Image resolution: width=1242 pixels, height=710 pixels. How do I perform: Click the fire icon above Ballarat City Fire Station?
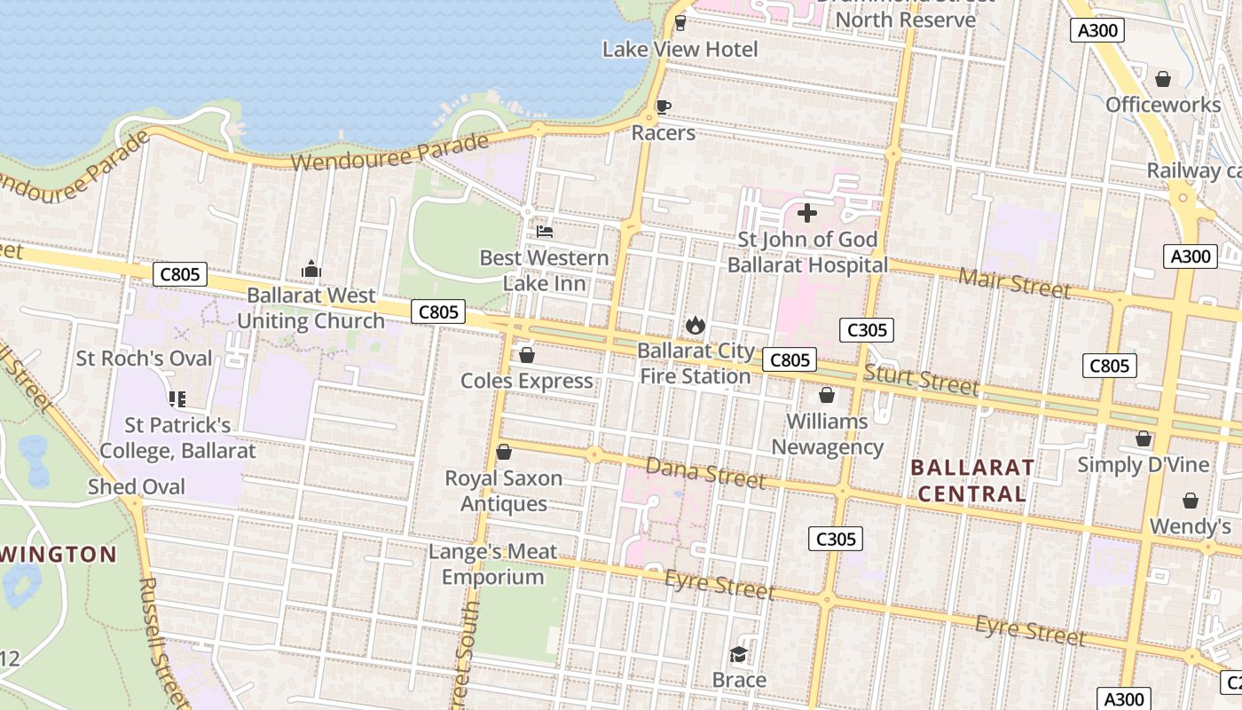[695, 326]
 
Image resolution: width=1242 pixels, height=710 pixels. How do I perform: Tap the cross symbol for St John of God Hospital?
[807, 213]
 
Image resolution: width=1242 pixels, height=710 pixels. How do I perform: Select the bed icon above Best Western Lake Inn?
[545, 232]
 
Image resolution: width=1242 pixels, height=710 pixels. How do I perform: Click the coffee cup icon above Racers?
[663, 107]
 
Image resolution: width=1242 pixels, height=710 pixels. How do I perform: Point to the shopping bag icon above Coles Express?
[527, 356]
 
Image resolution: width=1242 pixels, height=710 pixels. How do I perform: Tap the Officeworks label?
[1163, 105]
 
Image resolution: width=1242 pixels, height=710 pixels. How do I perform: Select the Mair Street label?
[1014, 283]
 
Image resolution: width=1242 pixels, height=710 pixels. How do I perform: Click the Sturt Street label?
[921, 380]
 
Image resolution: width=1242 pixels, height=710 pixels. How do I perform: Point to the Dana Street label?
[705, 473]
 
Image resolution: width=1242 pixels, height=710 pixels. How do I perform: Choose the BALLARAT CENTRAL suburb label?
[972, 480]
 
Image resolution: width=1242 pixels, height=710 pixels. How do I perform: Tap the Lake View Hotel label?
[680, 50]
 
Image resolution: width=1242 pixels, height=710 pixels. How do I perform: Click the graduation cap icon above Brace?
[738, 655]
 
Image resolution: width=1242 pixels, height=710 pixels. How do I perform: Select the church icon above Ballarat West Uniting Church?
[310, 269]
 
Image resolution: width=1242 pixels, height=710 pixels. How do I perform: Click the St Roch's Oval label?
[145, 359]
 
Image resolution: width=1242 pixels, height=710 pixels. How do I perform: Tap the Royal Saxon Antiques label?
[503, 491]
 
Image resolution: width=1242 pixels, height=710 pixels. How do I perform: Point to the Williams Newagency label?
[827, 434]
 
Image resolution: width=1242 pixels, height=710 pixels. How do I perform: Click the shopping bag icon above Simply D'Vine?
[1144, 438]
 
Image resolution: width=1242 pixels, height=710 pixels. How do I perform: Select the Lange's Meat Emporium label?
[492, 564]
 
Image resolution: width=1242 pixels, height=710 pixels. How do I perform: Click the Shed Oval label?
[137, 486]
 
